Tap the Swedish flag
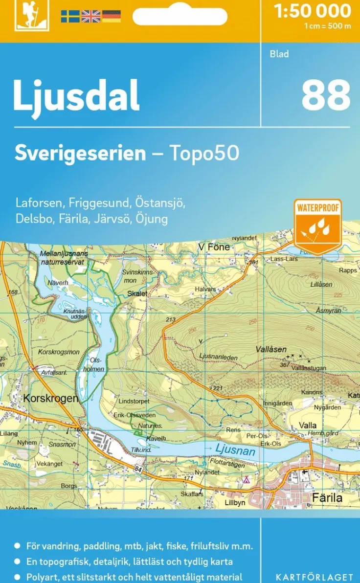click(70, 16)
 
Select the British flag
click(90, 16)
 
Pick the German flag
click(111, 16)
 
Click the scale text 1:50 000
click(313, 11)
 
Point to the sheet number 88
click(325, 95)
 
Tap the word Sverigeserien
click(80, 153)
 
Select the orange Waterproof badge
click(317, 225)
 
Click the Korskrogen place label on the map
click(50, 399)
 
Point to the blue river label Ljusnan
click(235, 449)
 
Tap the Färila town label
click(327, 498)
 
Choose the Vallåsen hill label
click(271, 350)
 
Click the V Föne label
click(214, 247)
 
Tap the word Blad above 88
click(279, 54)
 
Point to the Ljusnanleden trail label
click(219, 357)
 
